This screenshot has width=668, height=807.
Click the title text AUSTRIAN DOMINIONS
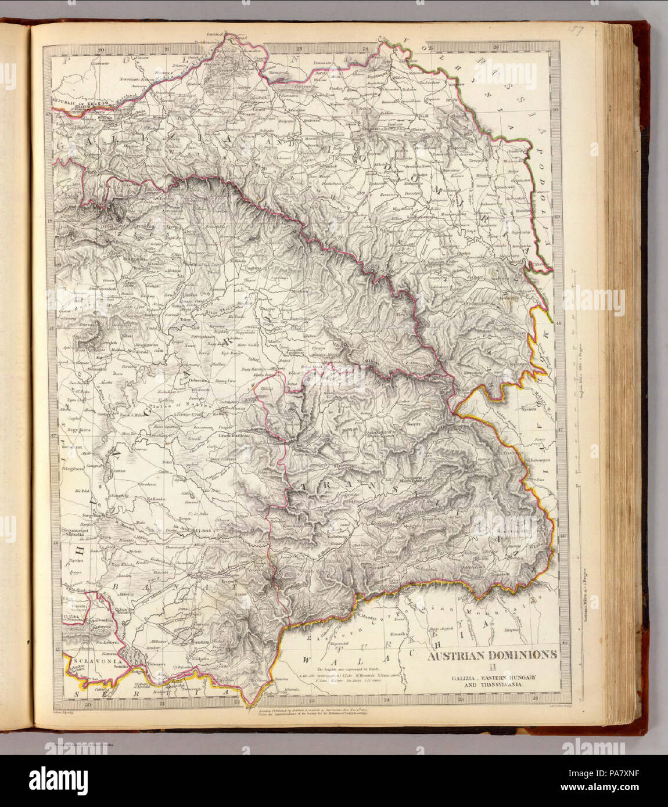[x=493, y=654]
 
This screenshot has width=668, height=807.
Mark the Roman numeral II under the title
[x=492, y=667]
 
